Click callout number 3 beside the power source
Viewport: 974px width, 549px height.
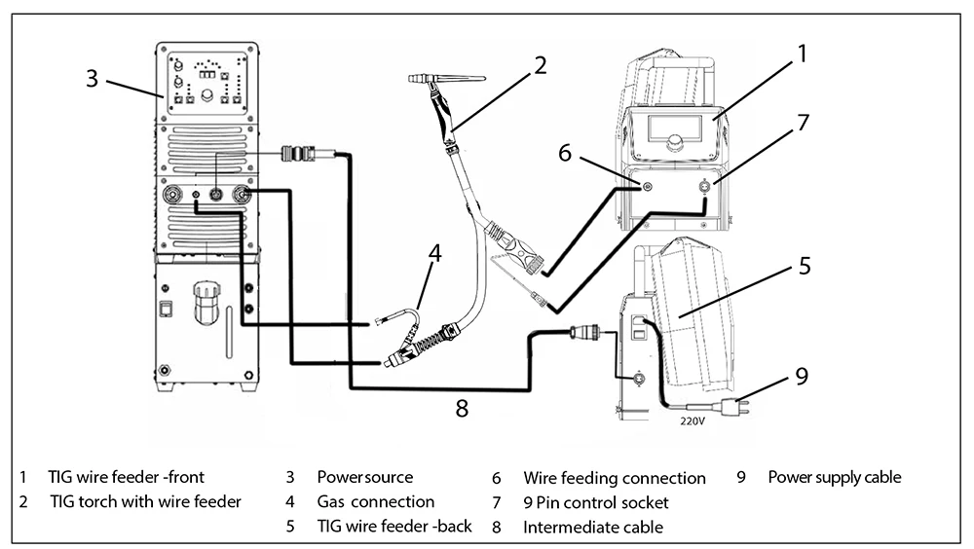pyautogui.click(x=92, y=78)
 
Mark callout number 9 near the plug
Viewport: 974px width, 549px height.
pyautogui.click(x=801, y=377)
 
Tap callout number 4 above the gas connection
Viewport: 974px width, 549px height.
pyautogui.click(x=434, y=254)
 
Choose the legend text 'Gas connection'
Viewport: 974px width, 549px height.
pyautogui.click(x=375, y=502)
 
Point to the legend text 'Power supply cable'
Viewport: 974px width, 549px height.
pyautogui.click(x=834, y=477)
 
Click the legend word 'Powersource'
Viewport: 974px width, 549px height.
pyautogui.click(x=364, y=478)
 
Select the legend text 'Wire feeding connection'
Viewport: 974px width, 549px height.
pyautogui.click(x=614, y=478)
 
